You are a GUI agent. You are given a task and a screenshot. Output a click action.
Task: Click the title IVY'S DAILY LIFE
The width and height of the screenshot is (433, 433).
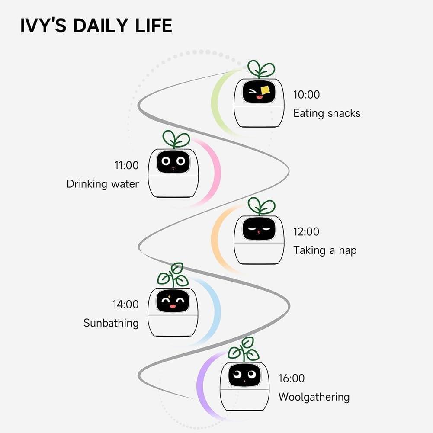[x=96, y=26]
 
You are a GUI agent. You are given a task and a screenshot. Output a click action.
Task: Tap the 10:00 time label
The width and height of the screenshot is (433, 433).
[x=306, y=94]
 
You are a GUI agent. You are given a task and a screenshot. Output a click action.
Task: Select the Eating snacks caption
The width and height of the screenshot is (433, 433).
[x=327, y=113]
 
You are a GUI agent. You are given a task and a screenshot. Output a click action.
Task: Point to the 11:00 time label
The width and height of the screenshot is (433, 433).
[x=126, y=165]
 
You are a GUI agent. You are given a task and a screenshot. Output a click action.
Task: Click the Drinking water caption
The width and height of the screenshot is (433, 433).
[x=103, y=184]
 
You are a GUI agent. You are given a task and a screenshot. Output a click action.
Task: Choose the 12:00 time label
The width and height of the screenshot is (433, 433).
[x=306, y=231]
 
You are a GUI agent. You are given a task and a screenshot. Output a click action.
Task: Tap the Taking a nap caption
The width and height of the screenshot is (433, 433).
[x=324, y=250]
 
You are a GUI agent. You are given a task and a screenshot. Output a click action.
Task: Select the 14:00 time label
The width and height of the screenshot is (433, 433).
[x=125, y=304]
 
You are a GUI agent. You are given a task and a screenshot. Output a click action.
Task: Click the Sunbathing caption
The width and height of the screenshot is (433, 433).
[x=111, y=323]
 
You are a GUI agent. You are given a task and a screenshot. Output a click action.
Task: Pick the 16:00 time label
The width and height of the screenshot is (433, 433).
[x=292, y=378]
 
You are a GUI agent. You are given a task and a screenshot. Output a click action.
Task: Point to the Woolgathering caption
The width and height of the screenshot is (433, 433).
[x=314, y=397]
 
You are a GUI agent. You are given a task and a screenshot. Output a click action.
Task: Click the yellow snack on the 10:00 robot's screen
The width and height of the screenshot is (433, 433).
[x=265, y=90]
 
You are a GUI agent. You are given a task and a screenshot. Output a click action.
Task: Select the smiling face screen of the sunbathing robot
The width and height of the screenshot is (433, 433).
[x=173, y=301]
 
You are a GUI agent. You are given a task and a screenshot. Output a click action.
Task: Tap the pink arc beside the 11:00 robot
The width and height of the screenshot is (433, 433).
[x=215, y=173]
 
